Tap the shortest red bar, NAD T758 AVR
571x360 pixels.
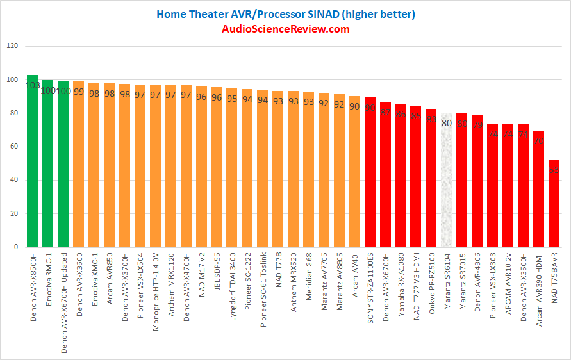pyautogui.click(x=554, y=205)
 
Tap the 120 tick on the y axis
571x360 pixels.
pyautogui.click(x=12, y=47)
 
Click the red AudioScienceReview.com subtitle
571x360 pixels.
pyautogui.click(x=286, y=29)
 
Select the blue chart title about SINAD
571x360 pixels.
pyautogui.click(x=286, y=13)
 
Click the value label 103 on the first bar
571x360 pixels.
pyautogui.click(x=33, y=86)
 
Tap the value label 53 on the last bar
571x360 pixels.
pyautogui.click(x=554, y=169)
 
